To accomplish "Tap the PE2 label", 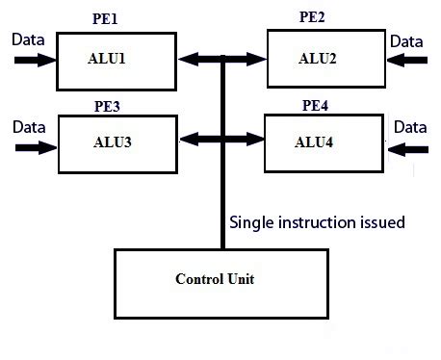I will pos(314,15).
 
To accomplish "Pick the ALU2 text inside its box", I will pos(317,58).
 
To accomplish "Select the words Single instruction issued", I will pos(317,222).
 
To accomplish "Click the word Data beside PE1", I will pos(27,40).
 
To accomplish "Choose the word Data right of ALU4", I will pos(410,126).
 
